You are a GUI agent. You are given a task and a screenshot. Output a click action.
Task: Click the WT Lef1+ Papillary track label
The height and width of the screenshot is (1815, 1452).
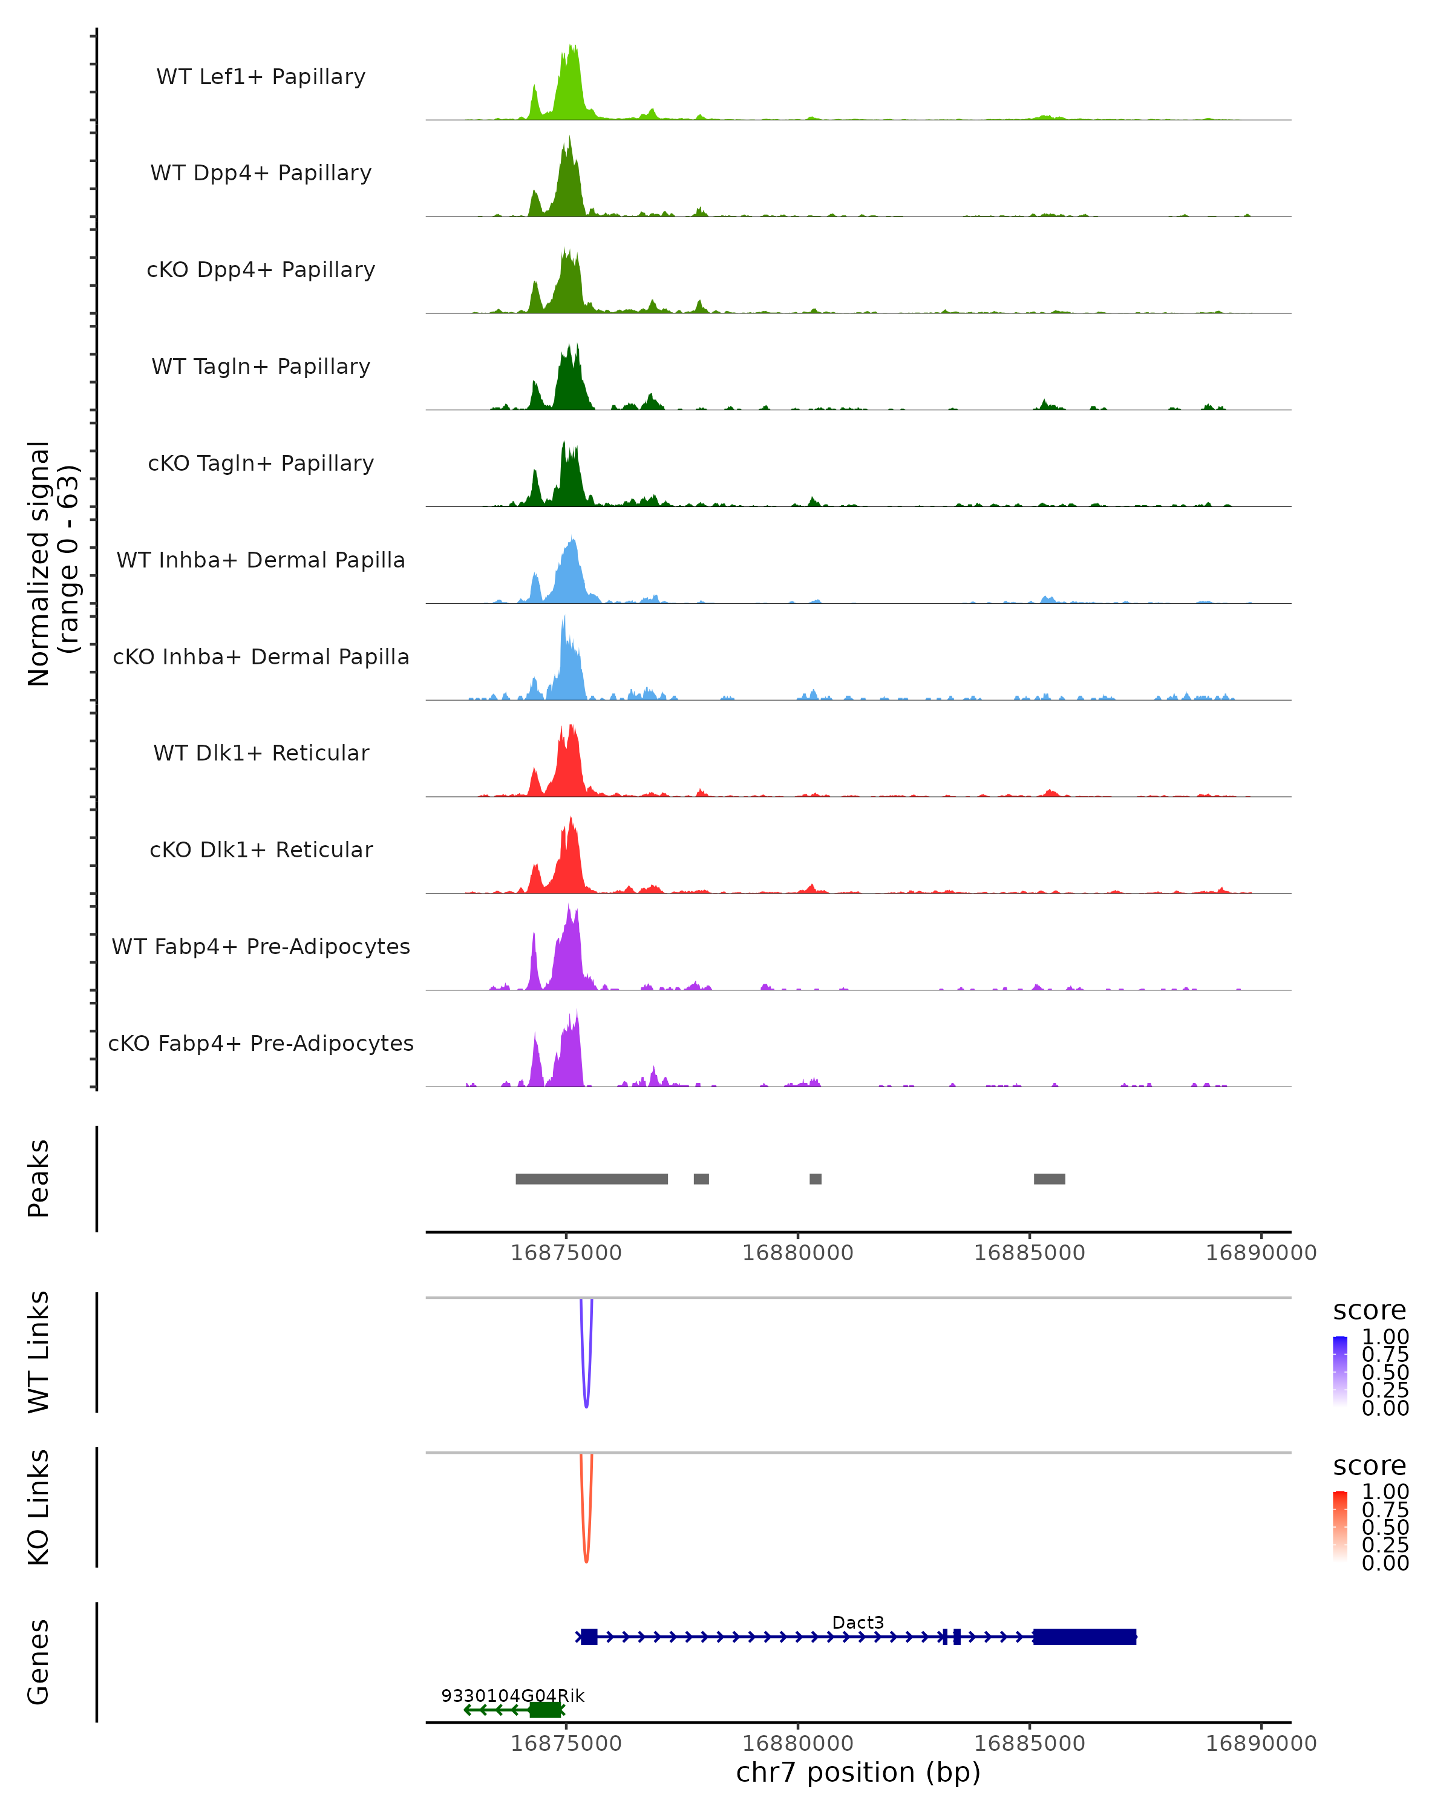point(261,77)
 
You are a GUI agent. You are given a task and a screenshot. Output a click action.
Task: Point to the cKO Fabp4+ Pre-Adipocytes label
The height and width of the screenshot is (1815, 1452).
point(261,1043)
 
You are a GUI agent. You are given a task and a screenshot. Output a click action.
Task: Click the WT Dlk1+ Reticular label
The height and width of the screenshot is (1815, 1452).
point(261,753)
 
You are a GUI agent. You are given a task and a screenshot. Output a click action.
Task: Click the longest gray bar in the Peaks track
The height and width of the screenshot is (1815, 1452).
point(592,1179)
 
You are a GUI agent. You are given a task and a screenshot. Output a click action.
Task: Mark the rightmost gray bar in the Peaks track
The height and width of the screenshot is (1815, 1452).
point(1049,1179)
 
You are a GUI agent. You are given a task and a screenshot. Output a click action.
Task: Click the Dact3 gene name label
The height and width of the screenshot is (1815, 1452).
point(858,1622)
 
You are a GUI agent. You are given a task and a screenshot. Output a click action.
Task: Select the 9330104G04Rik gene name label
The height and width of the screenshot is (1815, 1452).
point(512,1695)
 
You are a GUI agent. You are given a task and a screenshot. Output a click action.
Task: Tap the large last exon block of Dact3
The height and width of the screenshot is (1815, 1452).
point(1084,1637)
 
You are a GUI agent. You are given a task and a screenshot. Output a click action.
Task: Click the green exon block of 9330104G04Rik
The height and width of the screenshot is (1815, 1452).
point(546,1710)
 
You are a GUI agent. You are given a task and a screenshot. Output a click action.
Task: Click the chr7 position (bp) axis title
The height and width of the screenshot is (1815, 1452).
point(858,1772)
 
